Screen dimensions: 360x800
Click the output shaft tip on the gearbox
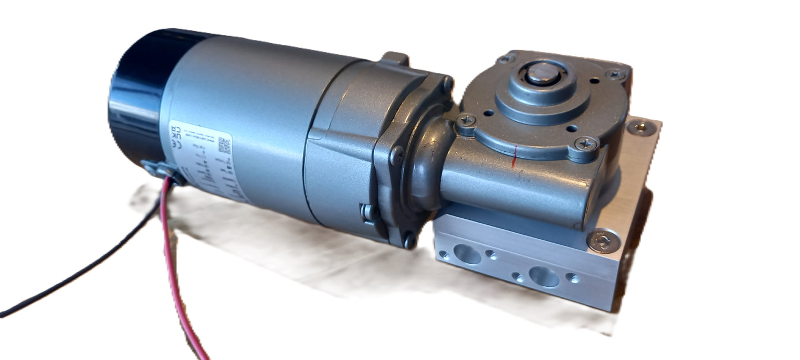(540, 74)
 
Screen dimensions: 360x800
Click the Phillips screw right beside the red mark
(586, 144)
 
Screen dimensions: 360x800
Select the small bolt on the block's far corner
(642, 128)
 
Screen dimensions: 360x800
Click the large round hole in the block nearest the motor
(467, 254)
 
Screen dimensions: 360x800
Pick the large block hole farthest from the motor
(544, 276)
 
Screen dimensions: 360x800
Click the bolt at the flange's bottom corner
(410, 240)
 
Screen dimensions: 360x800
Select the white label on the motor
(205, 161)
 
